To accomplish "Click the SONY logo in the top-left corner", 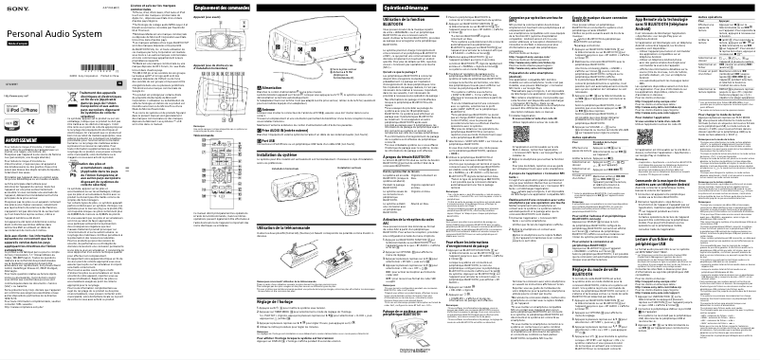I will [x=16, y=8].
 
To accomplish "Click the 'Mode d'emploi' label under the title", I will [x=27, y=43].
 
